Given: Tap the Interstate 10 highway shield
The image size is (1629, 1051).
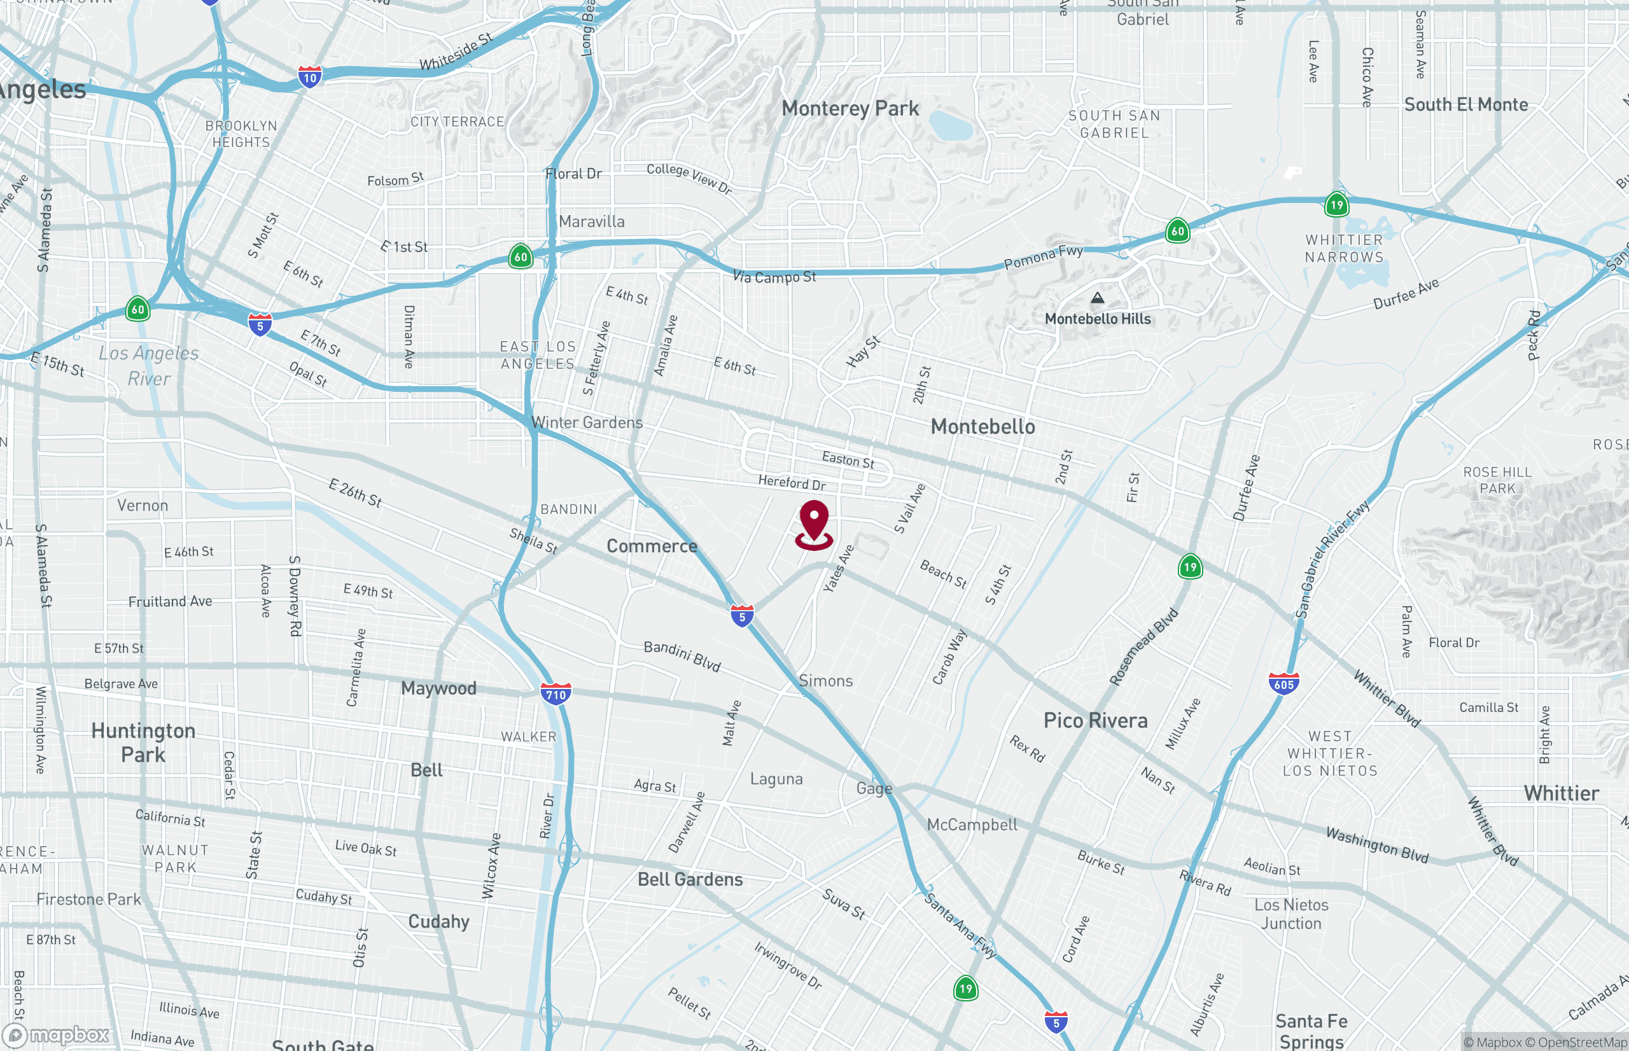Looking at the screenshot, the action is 310,76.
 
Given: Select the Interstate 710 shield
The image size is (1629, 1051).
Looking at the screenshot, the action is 556,693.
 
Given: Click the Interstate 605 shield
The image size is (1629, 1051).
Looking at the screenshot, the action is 1283,683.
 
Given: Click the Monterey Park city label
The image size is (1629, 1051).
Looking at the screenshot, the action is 849,109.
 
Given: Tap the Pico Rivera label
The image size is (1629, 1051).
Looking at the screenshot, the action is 1094,721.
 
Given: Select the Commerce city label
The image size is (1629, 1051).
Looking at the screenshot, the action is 651,546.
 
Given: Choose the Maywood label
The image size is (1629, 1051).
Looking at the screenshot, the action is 438,688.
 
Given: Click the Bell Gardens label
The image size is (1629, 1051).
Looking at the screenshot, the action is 689,879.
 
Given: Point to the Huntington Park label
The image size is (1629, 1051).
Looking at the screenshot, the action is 143,742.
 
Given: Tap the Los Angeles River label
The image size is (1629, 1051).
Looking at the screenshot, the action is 149,366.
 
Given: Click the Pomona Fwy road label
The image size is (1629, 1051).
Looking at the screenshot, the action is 1043,256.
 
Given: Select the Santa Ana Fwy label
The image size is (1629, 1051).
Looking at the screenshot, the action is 960,926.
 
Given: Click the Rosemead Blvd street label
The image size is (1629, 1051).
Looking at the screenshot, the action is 1143,646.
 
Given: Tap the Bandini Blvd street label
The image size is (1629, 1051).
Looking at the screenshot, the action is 681,655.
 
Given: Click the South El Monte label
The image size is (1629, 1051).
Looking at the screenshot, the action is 1465,104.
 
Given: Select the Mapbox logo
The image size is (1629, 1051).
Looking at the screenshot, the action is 56,1035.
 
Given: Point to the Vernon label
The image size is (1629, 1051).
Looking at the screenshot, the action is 142,506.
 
